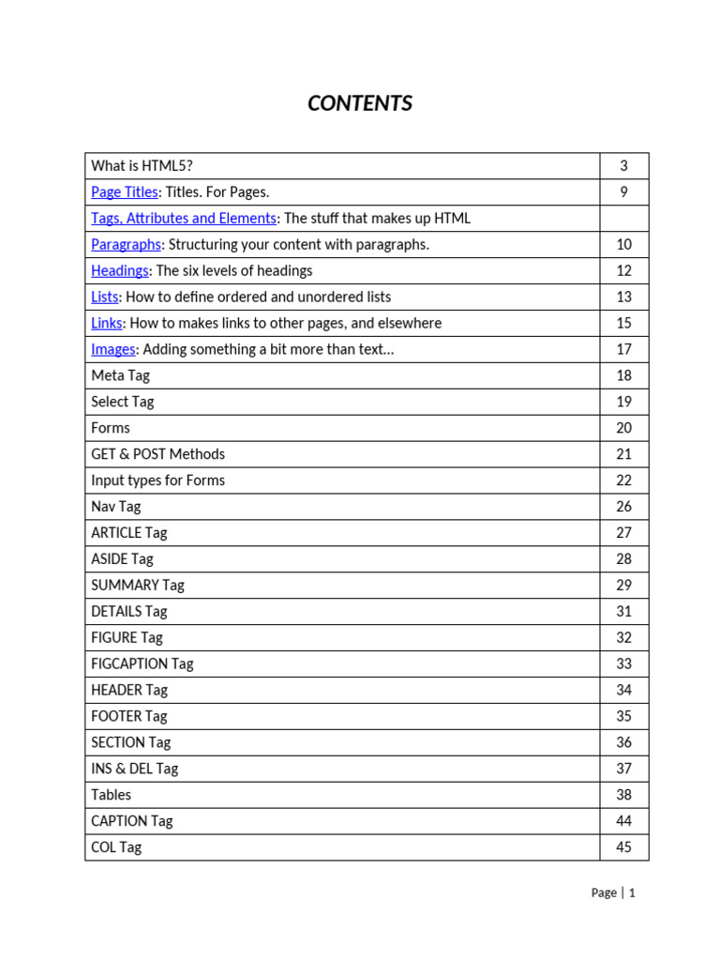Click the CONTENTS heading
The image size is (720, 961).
[x=360, y=103]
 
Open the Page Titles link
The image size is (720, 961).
[x=125, y=192]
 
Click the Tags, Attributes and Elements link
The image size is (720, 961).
[x=184, y=219]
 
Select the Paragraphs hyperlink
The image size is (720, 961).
[x=127, y=245]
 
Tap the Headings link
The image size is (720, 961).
[x=120, y=271]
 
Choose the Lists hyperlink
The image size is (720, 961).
[x=105, y=297]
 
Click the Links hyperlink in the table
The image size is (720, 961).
[x=107, y=324]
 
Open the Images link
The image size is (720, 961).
[x=113, y=350]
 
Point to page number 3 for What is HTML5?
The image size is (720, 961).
[x=623, y=166]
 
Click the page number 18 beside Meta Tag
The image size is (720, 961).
[x=623, y=375]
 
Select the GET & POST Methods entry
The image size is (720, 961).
[x=157, y=454]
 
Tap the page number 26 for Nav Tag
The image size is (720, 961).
[x=623, y=507]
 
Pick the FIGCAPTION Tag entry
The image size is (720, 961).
[x=142, y=664]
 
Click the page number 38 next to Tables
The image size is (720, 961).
[x=623, y=795]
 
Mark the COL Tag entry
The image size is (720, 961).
[x=116, y=847]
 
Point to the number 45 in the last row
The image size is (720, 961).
[x=623, y=847]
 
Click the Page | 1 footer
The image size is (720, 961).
[x=613, y=893]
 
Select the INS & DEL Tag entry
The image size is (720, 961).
[x=134, y=769]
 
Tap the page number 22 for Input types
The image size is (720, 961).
[x=623, y=480]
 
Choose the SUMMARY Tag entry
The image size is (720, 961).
[x=138, y=586]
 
